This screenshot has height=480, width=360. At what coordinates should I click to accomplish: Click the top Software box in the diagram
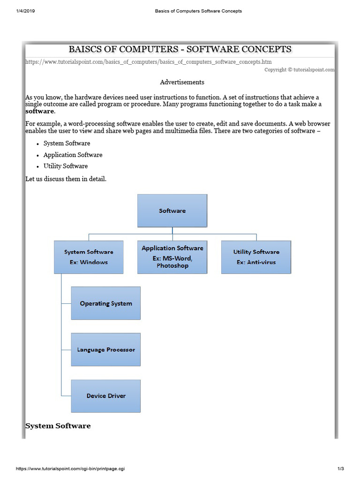pyautogui.click(x=172, y=211)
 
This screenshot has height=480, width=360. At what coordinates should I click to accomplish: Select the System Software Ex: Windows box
pyautogui.click(x=89, y=257)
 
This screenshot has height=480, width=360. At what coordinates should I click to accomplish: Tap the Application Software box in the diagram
pyautogui.click(x=172, y=257)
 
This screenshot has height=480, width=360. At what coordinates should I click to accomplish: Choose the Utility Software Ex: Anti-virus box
pyautogui.click(x=256, y=257)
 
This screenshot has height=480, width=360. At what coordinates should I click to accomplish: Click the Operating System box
pyautogui.click(x=105, y=303)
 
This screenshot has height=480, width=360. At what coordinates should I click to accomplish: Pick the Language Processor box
pyautogui.click(x=105, y=350)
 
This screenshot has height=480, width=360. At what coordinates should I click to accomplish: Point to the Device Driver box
pyautogui.click(x=105, y=396)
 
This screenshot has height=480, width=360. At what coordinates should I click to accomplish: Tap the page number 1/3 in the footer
pyautogui.click(x=340, y=469)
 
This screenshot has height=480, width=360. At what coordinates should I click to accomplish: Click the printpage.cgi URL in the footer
pyautogui.click(x=70, y=469)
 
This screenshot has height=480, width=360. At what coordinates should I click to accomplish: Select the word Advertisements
pyautogui.click(x=182, y=82)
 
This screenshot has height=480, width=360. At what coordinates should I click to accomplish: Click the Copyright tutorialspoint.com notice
pyautogui.click(x=299, y=70)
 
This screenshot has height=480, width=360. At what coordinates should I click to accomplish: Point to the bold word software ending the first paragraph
pyautogui.click(x=39, y=112)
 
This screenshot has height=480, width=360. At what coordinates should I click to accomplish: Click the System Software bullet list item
pyautogui.click(x=67, y=143)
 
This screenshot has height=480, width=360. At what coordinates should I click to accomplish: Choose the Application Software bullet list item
pyautogui.click(x=73, y=155)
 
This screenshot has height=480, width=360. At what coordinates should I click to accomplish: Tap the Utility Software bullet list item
pyautogui.click(x=66, y=166)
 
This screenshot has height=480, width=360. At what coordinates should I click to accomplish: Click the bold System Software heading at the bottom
pyautogui.click(x=58, y=426)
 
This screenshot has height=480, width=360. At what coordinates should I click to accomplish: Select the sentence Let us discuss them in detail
pyautogui.click(x=66, y=179)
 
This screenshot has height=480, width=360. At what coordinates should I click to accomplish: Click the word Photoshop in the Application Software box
pyautogui.click(x=172, y=266)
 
